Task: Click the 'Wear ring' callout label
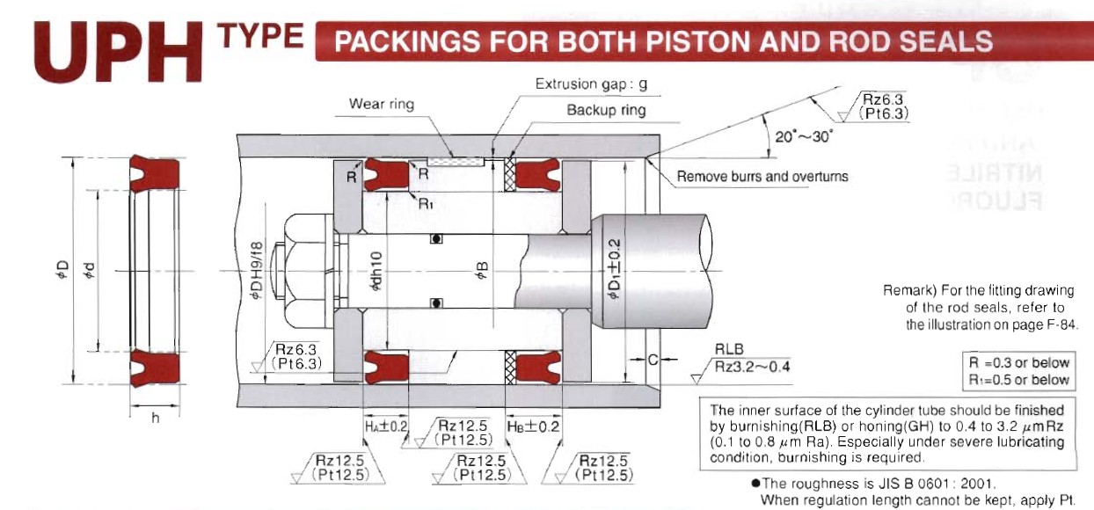click(x=381, y=104)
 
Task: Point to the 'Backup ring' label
click(x=605, y=110)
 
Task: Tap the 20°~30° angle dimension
click(x=802, y=136)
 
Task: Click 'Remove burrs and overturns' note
click(x=762, y=177)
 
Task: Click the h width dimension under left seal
click(x=155, y=418)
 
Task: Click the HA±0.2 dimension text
click(x=386, y=426)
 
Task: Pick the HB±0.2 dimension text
click(x=533, y=426)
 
